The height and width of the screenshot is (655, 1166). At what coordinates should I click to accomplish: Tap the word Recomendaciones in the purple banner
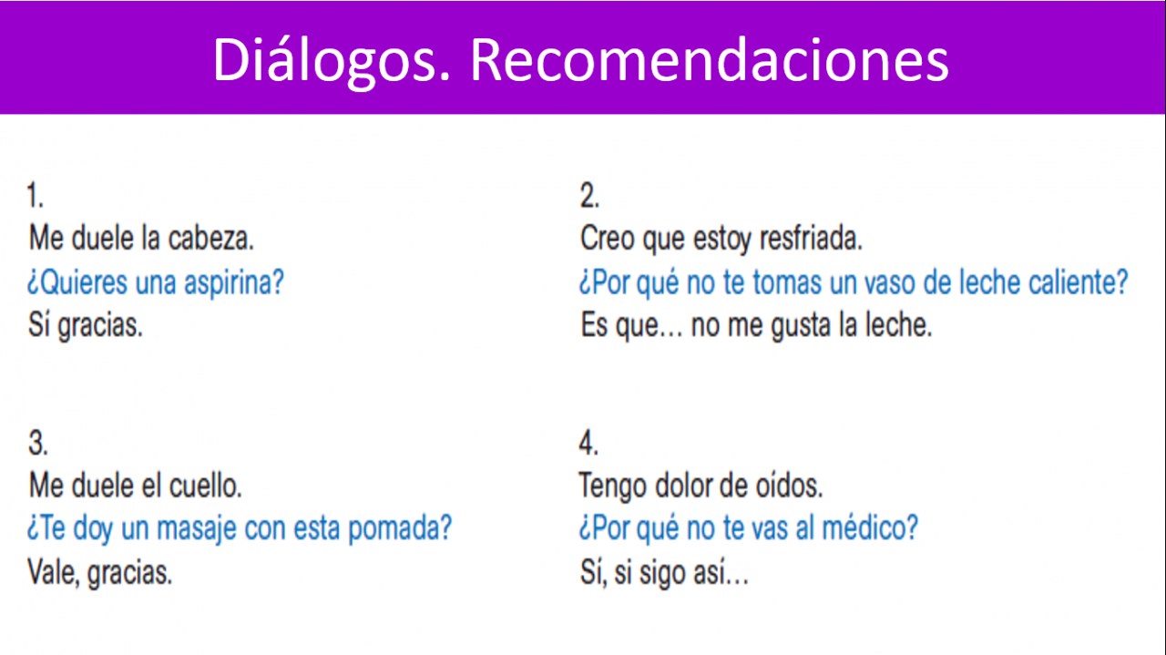pyautogui.click(x=710, y=60)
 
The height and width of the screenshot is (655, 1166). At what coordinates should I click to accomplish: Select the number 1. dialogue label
pyautogui.click(x=36, y=196)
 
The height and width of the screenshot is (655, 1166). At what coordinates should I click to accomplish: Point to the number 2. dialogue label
pyautogui.click(x=589, y=196)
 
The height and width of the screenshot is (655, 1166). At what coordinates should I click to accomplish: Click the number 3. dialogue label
pyautogui.click(x=38, y=444)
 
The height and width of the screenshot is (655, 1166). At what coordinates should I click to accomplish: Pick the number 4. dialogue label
pyautogui.click(x=588, y=444)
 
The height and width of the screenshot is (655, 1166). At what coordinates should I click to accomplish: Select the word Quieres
pyautogui.click(x=77, y=282)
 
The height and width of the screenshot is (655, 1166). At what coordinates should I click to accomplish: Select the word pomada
pyautogui.click(x=400, y=529)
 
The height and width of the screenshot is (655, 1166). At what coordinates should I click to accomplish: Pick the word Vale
pyautogui.click(x=53, y=573)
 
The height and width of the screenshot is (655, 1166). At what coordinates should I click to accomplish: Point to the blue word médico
pyautogui.click(x=870, y=528)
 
